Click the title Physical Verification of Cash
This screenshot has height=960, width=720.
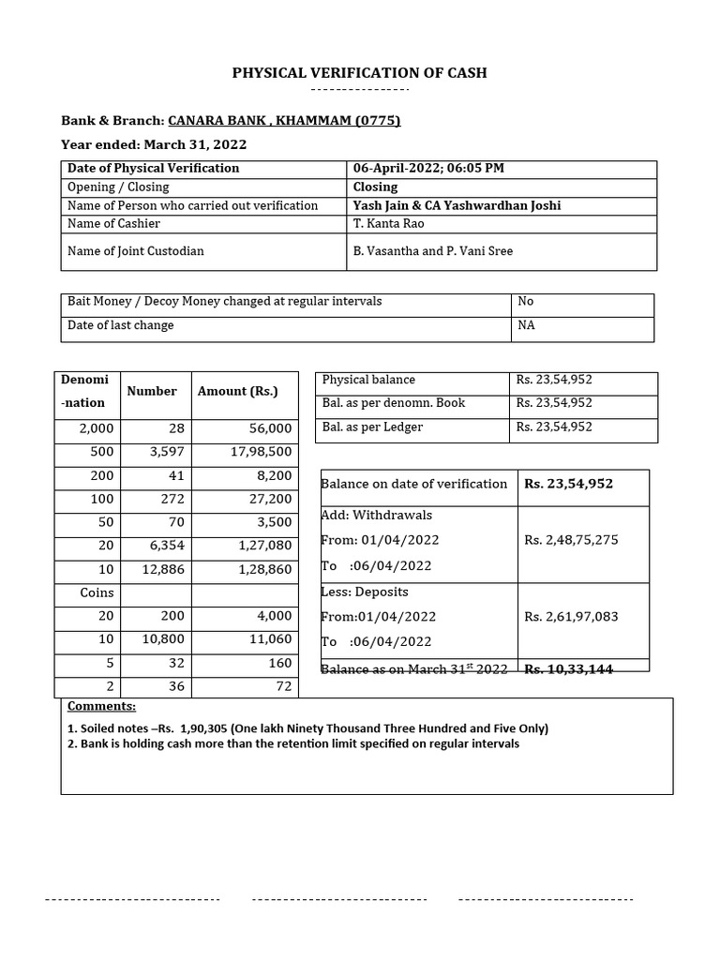360,73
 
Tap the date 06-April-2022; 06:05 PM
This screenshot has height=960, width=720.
428,169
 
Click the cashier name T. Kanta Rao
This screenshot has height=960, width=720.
387,224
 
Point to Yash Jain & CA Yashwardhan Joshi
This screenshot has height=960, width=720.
457,205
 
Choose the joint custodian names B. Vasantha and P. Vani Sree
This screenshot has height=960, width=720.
433,251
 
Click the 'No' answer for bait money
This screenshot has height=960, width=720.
525,302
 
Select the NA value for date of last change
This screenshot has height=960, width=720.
526,326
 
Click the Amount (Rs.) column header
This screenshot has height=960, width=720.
237,392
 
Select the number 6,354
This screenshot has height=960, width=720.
166,546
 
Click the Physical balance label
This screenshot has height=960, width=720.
368,380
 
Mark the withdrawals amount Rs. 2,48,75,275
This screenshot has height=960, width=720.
571,540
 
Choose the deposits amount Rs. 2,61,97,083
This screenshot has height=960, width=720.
571,617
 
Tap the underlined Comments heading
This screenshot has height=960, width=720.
101,706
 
